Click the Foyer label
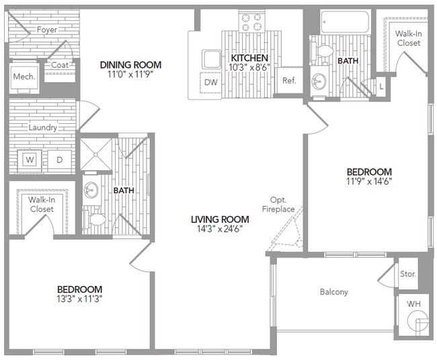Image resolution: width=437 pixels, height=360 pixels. pos(46,30)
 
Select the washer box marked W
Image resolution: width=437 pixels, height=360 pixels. pos(30,159)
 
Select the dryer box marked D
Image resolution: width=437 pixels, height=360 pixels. pos(58,159)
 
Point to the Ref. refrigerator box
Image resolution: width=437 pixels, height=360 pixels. pos(289,81)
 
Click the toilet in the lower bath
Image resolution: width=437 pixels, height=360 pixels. pos(95,219)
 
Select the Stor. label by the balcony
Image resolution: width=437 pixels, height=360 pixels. pos(408,275)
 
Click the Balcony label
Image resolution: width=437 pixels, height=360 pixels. pos(333,291)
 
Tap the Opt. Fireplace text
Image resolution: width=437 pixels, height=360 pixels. pos(282,205)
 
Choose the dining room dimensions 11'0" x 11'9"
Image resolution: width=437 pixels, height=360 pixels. pos(130,75)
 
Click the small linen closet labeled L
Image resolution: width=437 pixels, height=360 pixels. pos(381,87)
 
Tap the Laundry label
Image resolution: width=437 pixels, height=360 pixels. pos(42,127)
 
